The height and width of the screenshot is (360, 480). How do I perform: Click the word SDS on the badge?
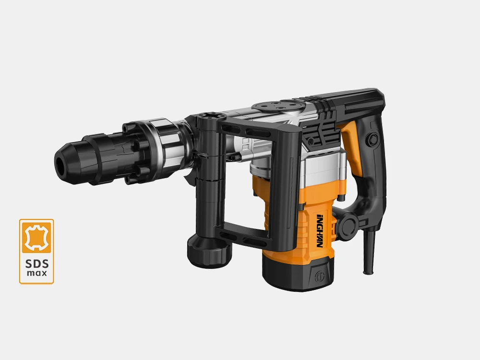[x=36, y=264]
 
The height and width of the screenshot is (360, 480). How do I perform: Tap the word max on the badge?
[x=37, y=273]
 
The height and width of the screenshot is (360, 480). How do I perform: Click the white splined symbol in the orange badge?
[x=36, y=237]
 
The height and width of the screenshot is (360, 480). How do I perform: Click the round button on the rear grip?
[x=373, y=138]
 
